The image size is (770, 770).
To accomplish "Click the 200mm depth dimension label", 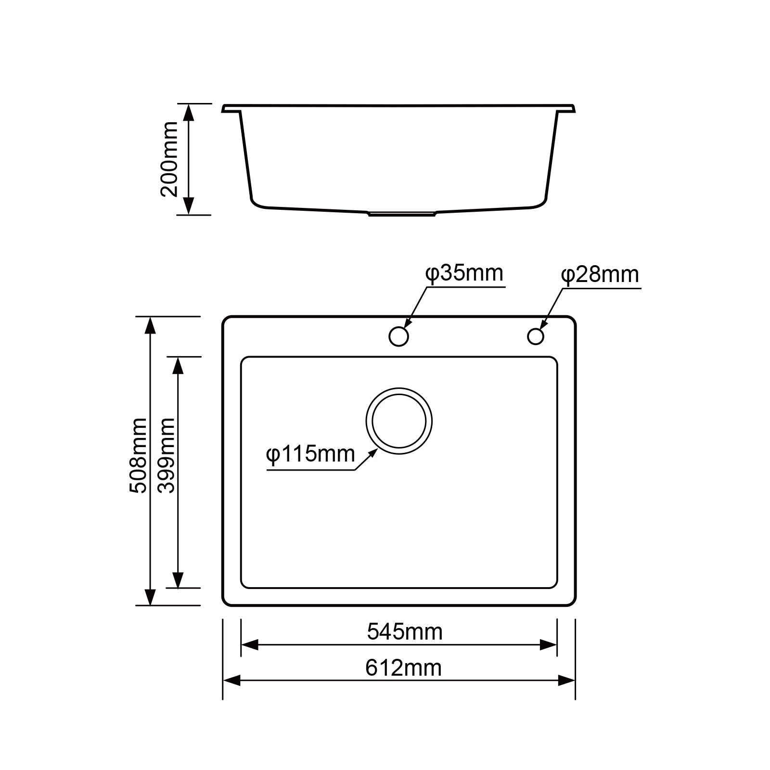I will point(169,159).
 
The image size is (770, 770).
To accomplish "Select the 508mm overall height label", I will point(138,455).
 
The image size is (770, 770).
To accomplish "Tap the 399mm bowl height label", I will point(167,455).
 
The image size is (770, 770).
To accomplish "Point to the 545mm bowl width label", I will point(404,631).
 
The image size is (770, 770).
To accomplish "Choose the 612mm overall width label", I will point(403,668).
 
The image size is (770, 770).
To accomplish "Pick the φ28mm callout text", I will point(600,275).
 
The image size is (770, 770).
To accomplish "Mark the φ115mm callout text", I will point(310,454).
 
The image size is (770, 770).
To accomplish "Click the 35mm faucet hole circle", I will point(398,336).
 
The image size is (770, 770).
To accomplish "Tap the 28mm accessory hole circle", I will point(535,336).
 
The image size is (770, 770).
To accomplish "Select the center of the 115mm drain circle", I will point(399,421).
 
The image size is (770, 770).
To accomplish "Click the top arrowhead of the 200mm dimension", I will point(189,112).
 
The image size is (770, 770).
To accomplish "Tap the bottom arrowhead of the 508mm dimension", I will point(151,596).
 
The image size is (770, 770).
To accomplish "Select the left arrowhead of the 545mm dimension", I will point(250,645).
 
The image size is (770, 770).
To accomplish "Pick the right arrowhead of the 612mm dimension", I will point(566,680).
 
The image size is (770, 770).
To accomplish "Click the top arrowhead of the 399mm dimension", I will point(178,366).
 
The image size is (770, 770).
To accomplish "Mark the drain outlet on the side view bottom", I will point(402,213).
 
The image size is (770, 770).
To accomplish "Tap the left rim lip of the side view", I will point(231,109).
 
